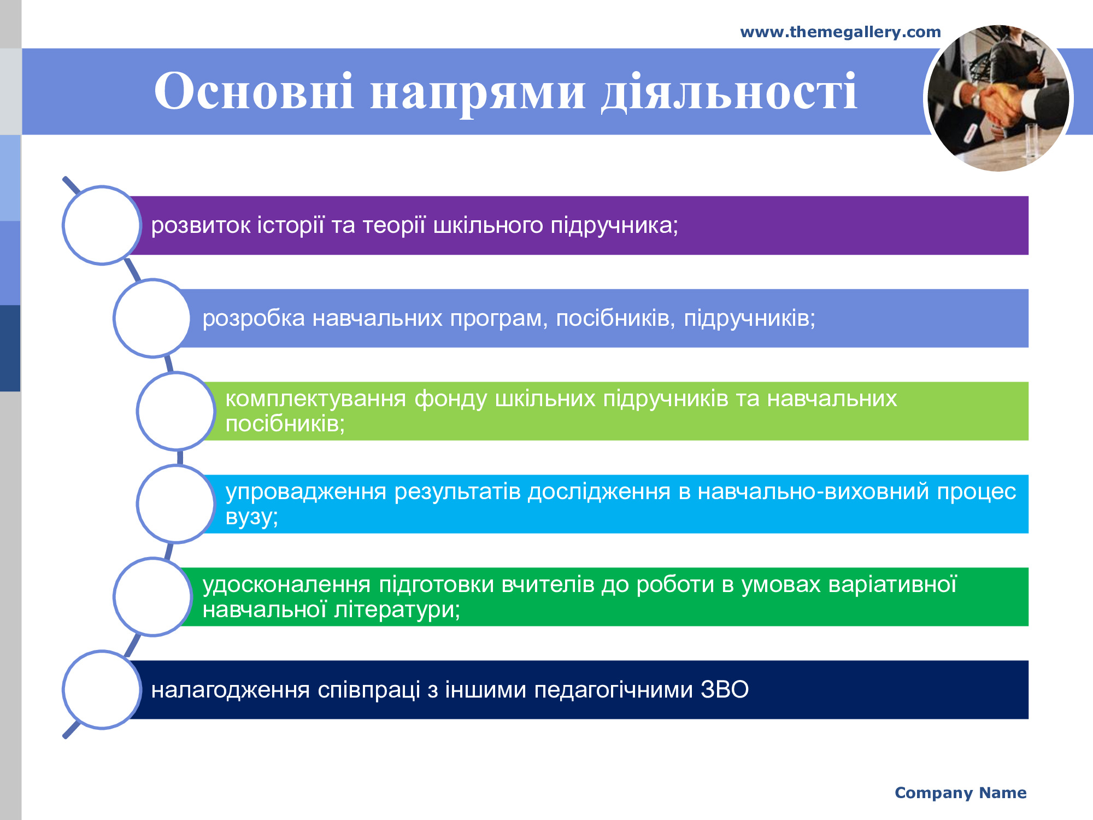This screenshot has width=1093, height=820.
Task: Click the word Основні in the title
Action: (254, 91)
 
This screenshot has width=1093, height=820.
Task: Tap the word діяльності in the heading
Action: (729, 92)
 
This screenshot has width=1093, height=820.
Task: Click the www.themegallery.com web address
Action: (841, 32)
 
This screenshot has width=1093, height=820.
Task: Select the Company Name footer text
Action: (961, 793)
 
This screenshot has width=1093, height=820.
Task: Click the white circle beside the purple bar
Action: (102, 225)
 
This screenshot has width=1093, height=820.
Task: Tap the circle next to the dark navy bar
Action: (102, 690)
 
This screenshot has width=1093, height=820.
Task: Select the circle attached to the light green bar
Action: (176, 411)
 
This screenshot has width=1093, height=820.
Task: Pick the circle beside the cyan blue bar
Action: (176, 504)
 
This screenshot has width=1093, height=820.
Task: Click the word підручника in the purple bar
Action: (614, 226)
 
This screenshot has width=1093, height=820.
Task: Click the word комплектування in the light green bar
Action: (316, 399)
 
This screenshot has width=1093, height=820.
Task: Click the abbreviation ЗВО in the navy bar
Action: (725, 690)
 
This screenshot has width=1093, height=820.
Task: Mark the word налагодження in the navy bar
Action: (231, 690)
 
